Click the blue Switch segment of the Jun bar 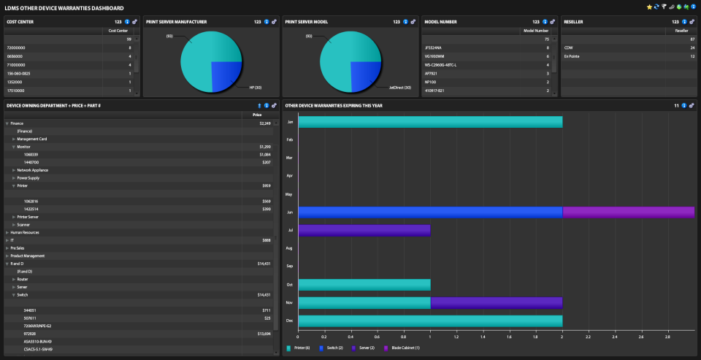(x=430, y=212)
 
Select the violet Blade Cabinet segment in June (x=628, y=212)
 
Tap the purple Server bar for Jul (x=364, y=230)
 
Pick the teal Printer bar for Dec (x=430, y=321)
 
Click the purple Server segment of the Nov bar (x=496, y=302)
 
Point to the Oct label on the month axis (x=290, y=285)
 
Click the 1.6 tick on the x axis (x=508, y=337)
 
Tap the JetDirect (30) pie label (x=399, y=88)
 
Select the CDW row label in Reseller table (x=568, y=47)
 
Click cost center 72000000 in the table (x=18, y=47)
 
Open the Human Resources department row (x=25, y=232)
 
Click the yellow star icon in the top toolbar (x=649, y=7)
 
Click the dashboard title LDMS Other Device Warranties (x=69, y=8)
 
